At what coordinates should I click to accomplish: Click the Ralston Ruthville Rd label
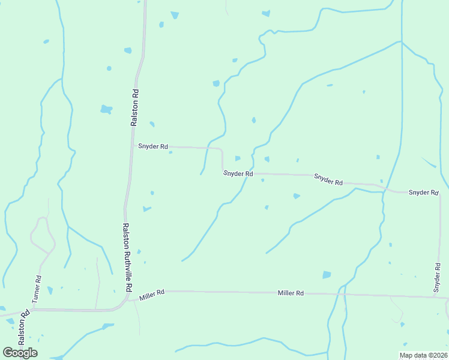pyautogui.click(x=127, y=257)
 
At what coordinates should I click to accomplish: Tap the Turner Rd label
pyautogui.click(x=38, y=287)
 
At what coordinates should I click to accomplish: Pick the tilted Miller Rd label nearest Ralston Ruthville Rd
pyautogui.click(x=152, y=295)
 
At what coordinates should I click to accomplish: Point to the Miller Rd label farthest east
pyautogui.click(x=291, y=293)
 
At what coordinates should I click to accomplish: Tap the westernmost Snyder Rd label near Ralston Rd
pyautogui.click(x=153, y=146)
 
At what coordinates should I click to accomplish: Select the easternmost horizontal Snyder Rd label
pyautogui.click(x=424, y=192)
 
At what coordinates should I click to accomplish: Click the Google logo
pyautogui.click(x=20, y=352)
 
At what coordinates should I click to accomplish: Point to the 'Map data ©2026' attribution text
pyautogui.click(x=422, y=355)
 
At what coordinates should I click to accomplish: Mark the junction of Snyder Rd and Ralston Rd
pyautogui.click(x=133, y=146)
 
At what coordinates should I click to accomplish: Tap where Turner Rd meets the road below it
pyautogui.click(x=34, y=310)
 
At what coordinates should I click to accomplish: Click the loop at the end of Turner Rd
pyautogui.click(x=42, y=234)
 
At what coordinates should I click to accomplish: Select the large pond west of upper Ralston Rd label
pyautogui.click(x=106, y=109)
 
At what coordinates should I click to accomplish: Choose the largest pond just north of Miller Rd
pyautogui.click(x=327, y=275)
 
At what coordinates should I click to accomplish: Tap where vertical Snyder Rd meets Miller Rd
pyautogui.click(x=435, y=296)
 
